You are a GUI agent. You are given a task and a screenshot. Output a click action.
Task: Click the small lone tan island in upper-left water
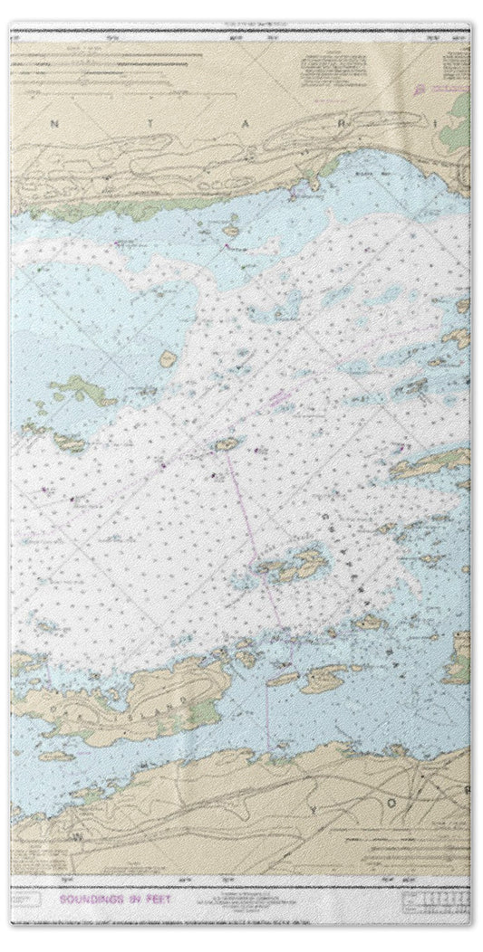tap(168, 359)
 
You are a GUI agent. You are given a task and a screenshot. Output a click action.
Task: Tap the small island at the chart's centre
tap(227, 443)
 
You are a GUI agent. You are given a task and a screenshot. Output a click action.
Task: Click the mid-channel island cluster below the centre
tap(288, 566)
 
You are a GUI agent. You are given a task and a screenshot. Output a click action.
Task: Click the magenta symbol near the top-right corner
tap(420, 90)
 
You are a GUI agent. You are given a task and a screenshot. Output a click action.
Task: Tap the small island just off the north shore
tap(232, 230)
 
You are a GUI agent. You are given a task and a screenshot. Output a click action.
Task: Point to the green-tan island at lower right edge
tap(460, 656)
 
